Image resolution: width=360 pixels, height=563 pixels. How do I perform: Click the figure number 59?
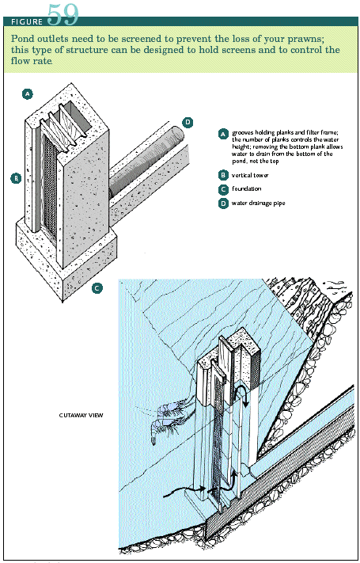tap(63, 14)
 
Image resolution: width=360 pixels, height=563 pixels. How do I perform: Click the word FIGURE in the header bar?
tap(27, 22)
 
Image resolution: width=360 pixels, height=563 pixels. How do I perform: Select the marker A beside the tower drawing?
tap(27, 94)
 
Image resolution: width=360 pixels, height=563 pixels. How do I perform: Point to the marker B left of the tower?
tap(16, 177)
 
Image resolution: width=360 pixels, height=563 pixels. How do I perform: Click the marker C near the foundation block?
tap(97, 287)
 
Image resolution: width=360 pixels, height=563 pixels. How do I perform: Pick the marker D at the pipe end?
tap(188, 123)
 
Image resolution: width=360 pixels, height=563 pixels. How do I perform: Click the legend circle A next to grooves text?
tap(223, 134)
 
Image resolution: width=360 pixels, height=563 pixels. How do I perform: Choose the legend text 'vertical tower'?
tap(250, 175)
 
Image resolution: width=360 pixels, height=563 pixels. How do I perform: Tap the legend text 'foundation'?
tap(246, 188)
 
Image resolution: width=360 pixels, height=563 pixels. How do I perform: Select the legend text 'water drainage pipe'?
tap(259, 203)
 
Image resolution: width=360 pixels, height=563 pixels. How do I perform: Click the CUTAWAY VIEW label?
tap(81, 416)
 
